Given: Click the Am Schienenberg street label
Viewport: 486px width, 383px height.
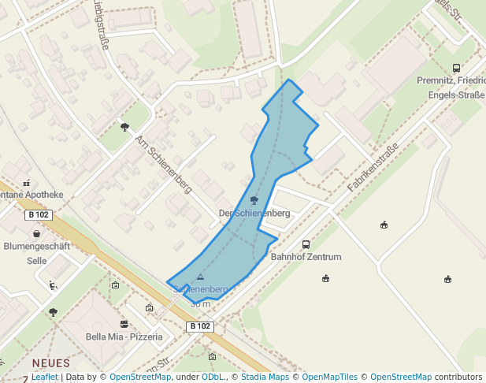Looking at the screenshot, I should [164, 164].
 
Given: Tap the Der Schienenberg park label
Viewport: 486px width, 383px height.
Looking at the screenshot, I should [254, 214].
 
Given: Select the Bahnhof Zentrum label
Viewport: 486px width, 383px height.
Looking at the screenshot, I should [306, 257].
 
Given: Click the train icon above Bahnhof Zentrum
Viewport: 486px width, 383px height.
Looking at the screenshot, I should [306, 244].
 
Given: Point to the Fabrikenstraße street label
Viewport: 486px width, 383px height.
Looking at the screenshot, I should [373, 167].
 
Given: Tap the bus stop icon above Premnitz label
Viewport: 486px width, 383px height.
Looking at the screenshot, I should [456, 69].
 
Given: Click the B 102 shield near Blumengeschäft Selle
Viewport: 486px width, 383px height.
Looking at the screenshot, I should [39, 214].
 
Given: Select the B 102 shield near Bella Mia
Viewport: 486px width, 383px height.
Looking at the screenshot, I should [200, 325].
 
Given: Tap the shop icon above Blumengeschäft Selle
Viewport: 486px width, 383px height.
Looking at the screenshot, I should [36, 234].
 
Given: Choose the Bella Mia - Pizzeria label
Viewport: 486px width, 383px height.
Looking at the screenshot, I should [124, 337].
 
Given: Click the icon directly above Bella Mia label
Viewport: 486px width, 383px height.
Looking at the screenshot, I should [124, 324].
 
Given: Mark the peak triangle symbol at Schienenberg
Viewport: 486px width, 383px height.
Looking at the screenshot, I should [200, 277].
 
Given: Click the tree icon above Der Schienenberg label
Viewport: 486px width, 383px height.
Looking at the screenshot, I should [254, 201].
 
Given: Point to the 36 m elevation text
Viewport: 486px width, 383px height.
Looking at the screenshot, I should [200, 303].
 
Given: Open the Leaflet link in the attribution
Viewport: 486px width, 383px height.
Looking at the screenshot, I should [45, 377].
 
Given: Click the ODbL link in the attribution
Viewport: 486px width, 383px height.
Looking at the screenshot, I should [212, 377].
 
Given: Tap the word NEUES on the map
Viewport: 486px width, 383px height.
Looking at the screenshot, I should [50, 363].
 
